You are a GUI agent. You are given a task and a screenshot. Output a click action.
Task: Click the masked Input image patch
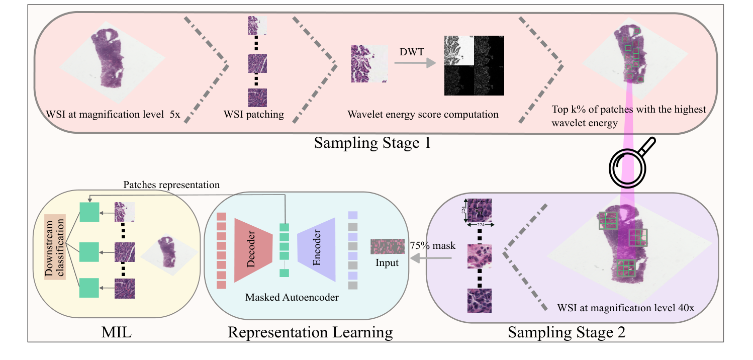coord(387,246)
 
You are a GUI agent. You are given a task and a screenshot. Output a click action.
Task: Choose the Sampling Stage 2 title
coord(567,332)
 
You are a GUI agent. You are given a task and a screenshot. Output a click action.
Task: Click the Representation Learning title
coord(310,332)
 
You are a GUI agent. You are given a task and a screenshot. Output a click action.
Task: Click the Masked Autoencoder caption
coord(292,297)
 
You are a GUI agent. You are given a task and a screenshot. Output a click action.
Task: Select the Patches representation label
coord(171,185)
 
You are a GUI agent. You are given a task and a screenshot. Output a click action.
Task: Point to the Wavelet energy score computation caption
coord(423,115)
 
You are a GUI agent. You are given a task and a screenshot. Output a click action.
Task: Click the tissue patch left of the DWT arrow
coord(369,63)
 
